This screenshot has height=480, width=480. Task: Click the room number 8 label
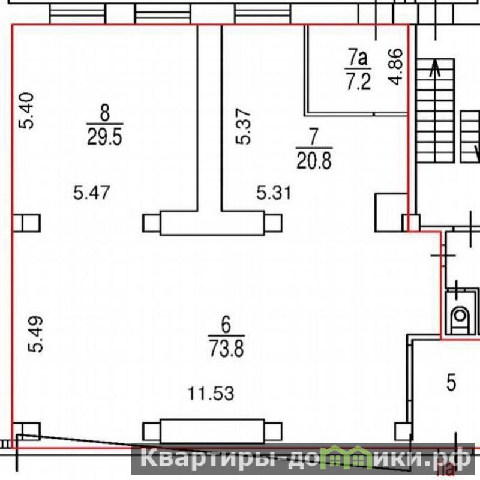[x=104, y=113]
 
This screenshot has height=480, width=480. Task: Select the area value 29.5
[x=104, y=137]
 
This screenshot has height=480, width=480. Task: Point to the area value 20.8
[x=314, y=161]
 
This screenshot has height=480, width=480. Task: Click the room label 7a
[x=358, y=58]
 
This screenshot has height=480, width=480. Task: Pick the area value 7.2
[x=358, y=82]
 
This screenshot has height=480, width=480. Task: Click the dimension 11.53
[x=211, y=393]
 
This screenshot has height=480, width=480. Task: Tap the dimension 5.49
[x=35, y=334]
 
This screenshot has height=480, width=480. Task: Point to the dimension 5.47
[x=92, y=193]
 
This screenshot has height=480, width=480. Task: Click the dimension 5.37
[x=244, y=127]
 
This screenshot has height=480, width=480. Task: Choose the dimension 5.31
[x=274, y=193]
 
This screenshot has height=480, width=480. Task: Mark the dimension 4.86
[x=395, y=67]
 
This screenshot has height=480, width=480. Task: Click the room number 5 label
[x=452, y=383]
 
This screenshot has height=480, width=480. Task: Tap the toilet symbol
[x=460, y=317]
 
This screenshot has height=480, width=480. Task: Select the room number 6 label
[x=226, y=325]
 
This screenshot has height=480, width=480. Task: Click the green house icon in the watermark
[x=346, y=458]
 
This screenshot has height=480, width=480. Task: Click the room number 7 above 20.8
[x=314, y=137]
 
